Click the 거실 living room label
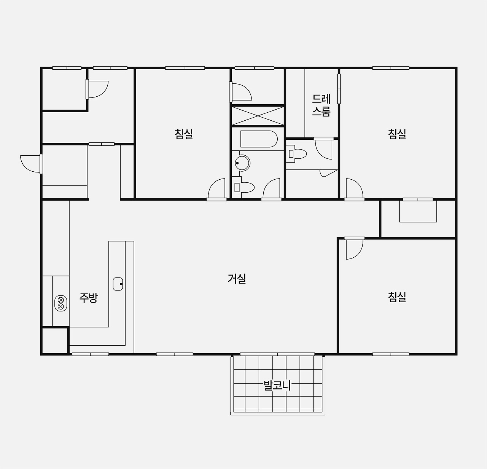click(237, 278)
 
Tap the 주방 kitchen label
click(88, 298)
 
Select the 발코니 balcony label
click(277, 386)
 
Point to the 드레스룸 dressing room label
click(321, 105)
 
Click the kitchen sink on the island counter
click(118, 284)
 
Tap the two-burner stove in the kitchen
click(61, 303)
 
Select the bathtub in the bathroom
click(259, 139)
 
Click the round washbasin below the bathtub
click(242, 163)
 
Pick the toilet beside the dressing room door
click(297, 154)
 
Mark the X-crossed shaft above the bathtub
click(258, 116)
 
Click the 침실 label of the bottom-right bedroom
click(397, 297)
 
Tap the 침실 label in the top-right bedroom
click(397, 134)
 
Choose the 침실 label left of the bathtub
click(184, 134)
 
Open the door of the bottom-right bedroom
click(354, 248)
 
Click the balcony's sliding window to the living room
click(277, 354)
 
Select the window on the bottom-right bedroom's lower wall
click(391, 354)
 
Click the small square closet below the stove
click(55, 341)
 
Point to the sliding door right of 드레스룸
click(339, 89)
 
